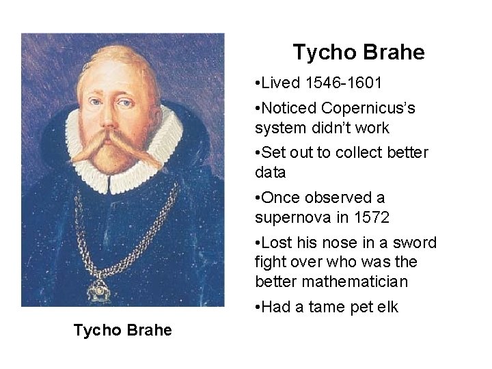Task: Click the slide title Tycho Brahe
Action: pos(358,52)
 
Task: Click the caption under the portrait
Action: pos(123,330)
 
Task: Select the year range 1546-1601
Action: pos(344,83)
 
